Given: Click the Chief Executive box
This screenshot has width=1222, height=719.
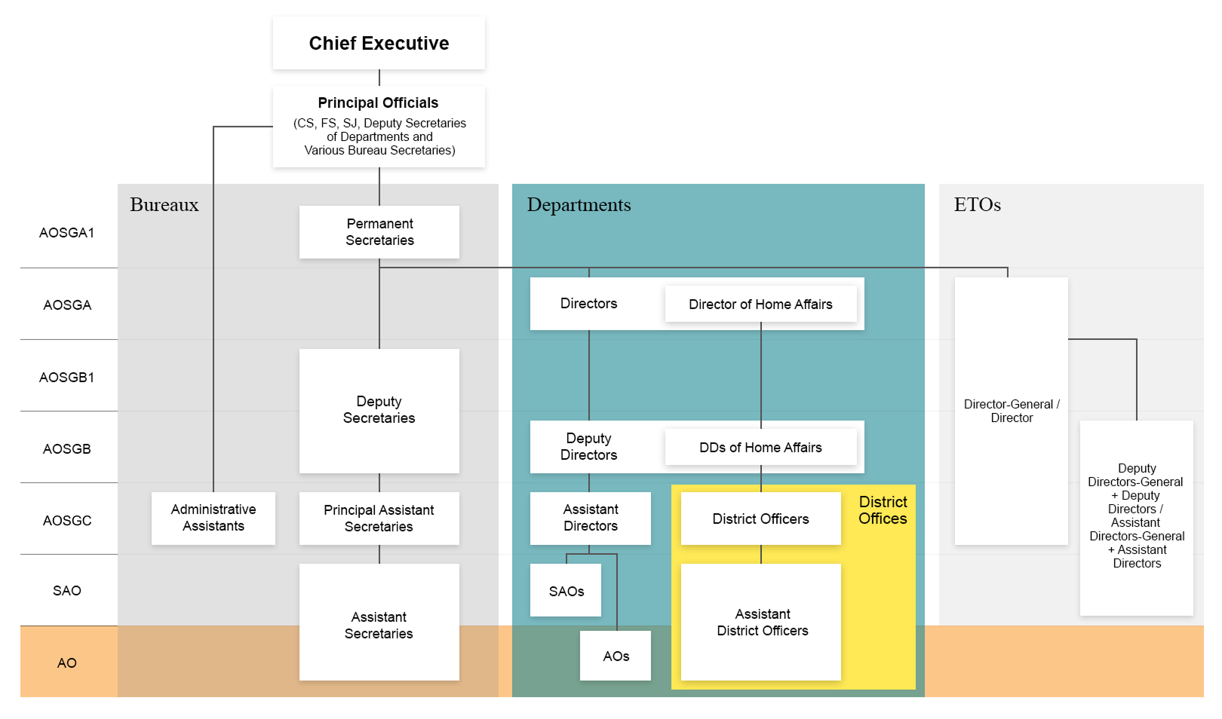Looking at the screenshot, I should tap(379, 44).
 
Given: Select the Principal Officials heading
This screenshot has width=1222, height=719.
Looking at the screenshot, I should tap(378, 103).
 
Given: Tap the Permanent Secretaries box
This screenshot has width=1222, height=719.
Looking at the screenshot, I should tap(379, 232).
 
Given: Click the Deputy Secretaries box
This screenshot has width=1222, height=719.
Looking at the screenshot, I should tap(379, 410).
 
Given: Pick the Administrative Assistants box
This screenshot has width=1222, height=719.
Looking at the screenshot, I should tap(213, 518).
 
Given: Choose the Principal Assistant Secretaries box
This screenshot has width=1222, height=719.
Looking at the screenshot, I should tap(379, 519).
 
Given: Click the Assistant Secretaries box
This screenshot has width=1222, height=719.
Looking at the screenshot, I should tap(379, 625).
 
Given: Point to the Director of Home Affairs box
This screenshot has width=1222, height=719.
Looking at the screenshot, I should tap(760, 304).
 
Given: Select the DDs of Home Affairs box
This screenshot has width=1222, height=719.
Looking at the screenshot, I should tap(760, 448).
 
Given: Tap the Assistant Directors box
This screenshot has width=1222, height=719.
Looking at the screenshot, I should tap(591, 518).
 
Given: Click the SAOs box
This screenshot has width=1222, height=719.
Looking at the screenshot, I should tap(566, 592).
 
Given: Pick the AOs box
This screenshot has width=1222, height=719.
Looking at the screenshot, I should tap(616, 656).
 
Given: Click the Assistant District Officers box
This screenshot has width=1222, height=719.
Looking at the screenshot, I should tap(762, 623).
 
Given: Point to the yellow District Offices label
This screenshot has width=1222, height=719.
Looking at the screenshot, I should tap(883, 510).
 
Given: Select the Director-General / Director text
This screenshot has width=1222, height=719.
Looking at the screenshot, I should tap(1011, 411).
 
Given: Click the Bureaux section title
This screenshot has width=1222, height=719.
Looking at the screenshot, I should tap(164, 205).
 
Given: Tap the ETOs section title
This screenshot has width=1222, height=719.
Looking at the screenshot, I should tap(977, 205).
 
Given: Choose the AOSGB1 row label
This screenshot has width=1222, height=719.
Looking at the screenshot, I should tap(67, 377).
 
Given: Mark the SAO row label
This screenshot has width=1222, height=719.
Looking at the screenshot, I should tap(67, 591).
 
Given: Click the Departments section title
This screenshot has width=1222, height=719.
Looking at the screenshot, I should tap(579, 205).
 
